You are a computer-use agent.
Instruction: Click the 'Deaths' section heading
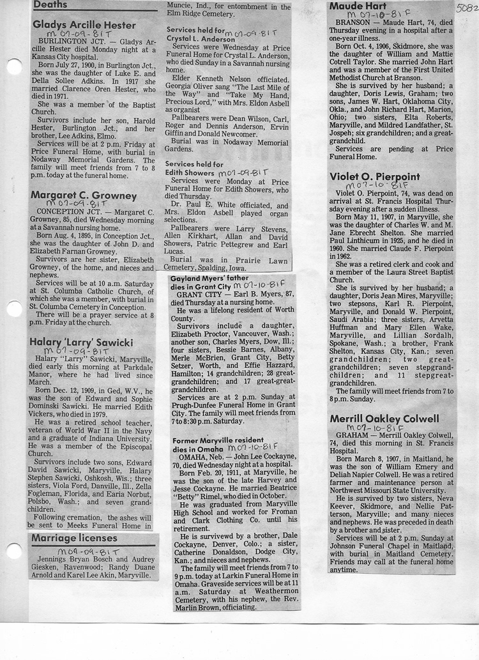(x=50, y=5)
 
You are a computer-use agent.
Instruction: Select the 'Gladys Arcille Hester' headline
(x=84, y=26)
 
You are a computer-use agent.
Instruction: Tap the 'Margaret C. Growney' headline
(x=84, y=196)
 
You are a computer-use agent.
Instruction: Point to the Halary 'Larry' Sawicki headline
(x=81, y=342)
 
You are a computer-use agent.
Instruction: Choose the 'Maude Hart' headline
(x=358, y=6)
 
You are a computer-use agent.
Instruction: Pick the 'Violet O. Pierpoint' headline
(x=374, y=176)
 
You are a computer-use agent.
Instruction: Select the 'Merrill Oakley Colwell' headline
(x=384, y=418)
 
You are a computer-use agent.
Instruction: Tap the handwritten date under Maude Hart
(x=374, y=15)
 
